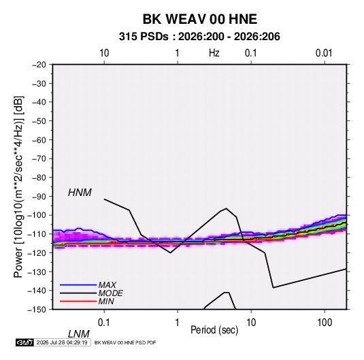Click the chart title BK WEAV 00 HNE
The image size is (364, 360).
coord(199,19)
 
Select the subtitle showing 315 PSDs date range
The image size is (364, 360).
coord(199,37)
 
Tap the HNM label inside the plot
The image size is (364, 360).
coord(80,193)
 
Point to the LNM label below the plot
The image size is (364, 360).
coord(79,334)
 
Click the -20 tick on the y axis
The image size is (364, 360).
coord(39,65)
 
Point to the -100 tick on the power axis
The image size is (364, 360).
coord(37,215)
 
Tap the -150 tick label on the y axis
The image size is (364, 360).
coord(37,310)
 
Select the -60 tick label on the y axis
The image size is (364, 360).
coord(39,140)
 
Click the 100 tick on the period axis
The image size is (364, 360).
coord(325,323)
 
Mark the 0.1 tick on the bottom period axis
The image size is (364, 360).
coord(104,323)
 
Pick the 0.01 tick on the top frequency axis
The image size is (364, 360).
coord(324,53)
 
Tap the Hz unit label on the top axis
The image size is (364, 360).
coord(214,53)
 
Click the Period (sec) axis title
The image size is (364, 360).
coord(214,330)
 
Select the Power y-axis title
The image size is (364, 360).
coord(18,187)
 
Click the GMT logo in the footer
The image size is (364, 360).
coord(24,342)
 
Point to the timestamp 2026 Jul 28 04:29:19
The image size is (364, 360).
coord(62,342)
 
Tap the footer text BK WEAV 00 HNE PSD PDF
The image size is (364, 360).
coord(125,342)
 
